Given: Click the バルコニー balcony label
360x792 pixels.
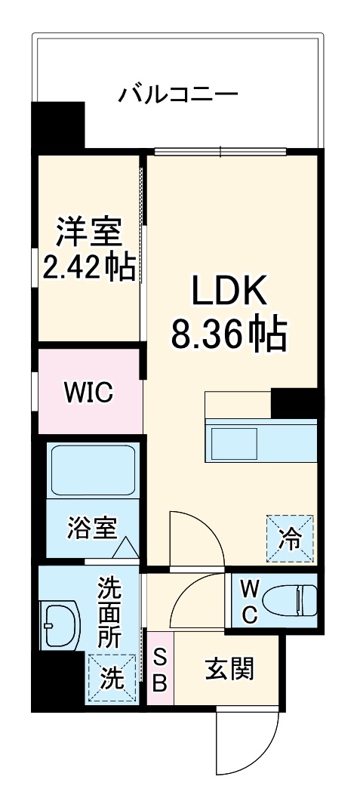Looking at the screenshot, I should [178, 96].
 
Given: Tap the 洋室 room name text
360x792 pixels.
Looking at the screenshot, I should [88, 233].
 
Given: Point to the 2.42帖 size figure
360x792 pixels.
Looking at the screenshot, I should [88, 267].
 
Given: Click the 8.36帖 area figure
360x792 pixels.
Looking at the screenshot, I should [229, 333].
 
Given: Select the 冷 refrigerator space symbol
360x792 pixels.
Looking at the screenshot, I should [290, 538].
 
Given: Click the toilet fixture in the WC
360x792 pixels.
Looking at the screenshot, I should [297, 601].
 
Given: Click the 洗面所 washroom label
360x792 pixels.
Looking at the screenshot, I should [109, 612].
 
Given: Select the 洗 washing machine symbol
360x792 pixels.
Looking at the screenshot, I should [112, 678].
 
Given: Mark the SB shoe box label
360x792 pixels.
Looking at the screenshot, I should [160, 670].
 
